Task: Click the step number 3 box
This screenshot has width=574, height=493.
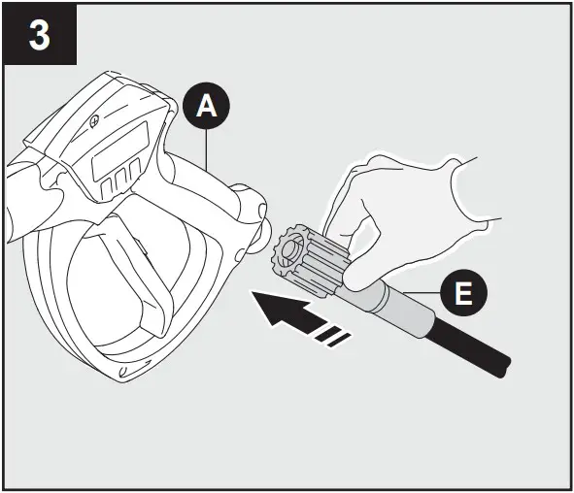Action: coord(38,37)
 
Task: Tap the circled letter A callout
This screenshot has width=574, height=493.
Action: coord(205,108)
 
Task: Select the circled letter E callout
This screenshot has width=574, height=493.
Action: coord(464,294)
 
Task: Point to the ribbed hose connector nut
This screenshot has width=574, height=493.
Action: coord(309,256)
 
